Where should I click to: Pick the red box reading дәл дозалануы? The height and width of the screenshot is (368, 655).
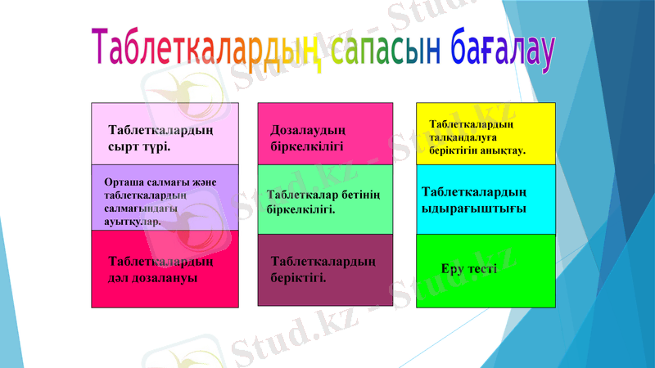point(165,269)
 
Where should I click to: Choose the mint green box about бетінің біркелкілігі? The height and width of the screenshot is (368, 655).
point(325,200)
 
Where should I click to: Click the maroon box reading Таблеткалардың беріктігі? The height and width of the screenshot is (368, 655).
point(325,271)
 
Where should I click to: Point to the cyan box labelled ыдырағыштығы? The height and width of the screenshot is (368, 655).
point(486,200)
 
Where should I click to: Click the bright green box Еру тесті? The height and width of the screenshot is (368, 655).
point(486,271)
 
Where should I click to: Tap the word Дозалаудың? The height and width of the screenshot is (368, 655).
point(308,130)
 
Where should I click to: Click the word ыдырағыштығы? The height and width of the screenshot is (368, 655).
point(473,208)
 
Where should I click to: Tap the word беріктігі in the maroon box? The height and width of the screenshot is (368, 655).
point(298,277)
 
